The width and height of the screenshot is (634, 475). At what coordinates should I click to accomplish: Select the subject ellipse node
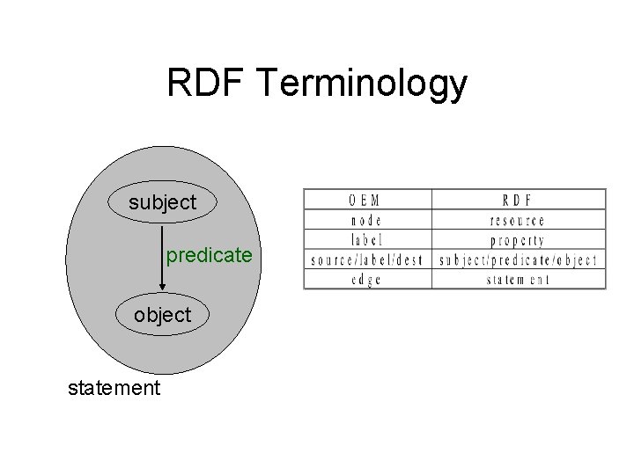pyautogui.click(x=163, y=203)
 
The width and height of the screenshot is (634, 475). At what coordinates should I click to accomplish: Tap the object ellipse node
pyautogui.click(x=162, y=315)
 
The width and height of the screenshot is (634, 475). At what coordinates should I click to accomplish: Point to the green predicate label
pyautogui.click(x=210, y=256)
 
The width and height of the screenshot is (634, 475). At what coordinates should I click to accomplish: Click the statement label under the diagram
pyautogui.click(x=114, y=387)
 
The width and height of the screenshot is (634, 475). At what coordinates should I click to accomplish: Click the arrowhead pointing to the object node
pyautogui.click(x=163, y=283)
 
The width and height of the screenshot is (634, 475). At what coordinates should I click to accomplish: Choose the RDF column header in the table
pyautogui.click(x=519, y=200)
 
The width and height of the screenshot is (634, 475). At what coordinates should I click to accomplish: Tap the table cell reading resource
pyautogui.click(x=519, y=220)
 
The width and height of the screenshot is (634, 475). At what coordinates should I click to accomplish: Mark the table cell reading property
pyautogui.click(x=519, y=240)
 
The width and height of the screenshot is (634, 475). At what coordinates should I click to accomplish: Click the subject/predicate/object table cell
pyautogui.click(x=519, y=260)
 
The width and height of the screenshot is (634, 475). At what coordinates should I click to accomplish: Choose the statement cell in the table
pyautogui.click(x=519, y=280)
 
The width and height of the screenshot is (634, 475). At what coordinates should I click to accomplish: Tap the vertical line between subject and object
pyautogui.click(x=163, y=251)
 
